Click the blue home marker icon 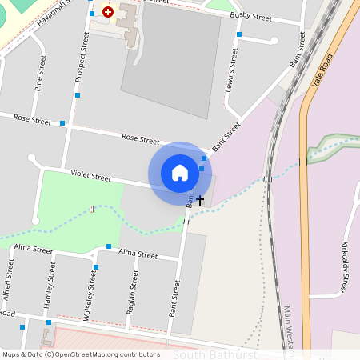[180, 173]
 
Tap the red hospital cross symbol [108, 12]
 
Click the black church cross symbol [200, 200]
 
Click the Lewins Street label [232, 70]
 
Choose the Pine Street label [39, 73]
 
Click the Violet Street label [90, 175]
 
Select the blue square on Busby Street [239, 34]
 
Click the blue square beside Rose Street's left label [62, 123]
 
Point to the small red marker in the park [92, 210]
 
